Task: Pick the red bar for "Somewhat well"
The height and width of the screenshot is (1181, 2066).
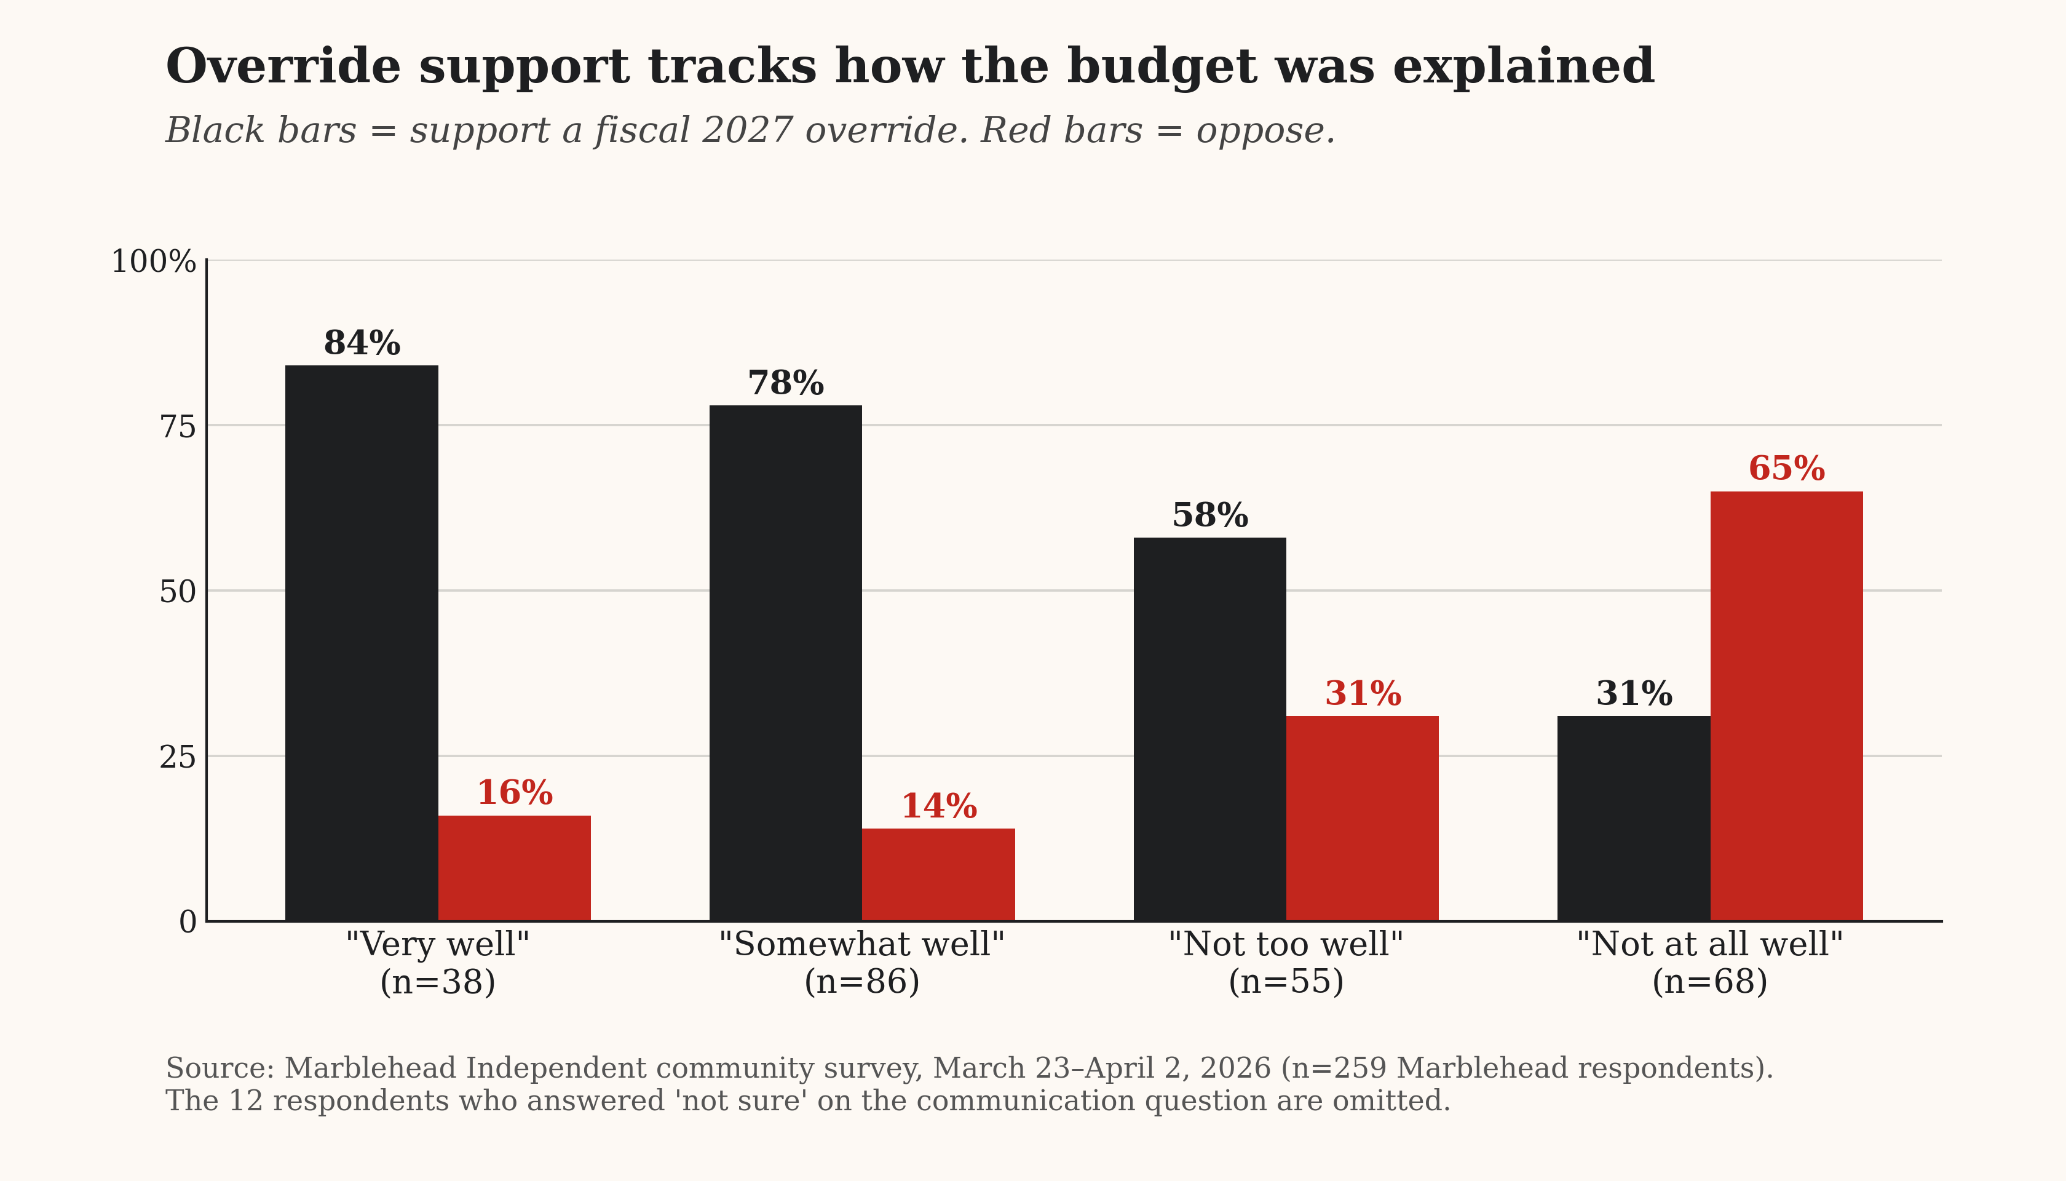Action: (x=938, y=875)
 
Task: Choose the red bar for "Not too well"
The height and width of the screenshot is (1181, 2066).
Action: (x=1362, y=819)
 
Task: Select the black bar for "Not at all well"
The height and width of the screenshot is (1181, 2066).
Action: (x=1633, y=819)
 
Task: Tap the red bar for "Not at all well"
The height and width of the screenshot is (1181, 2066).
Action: (x=1786, y=707)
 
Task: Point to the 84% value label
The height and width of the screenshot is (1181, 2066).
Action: (x=362, y=343)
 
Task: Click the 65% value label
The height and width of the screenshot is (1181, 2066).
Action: (x=1786, y=469)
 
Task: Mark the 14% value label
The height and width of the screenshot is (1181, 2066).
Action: (x=939, y=806)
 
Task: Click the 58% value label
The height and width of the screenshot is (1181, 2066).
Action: (x=1209, y=516)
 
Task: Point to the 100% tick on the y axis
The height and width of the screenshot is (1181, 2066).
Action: (x=153, y=262)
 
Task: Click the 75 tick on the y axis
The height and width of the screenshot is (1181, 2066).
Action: (x=178, y=427)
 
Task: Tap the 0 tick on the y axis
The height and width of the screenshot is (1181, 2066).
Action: (x=188, y=922)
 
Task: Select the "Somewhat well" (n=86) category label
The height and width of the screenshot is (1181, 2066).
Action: (x=862, y=963)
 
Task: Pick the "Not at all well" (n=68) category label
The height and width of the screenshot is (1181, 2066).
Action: (x=1710, y=963)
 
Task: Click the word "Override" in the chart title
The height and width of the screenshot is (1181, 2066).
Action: (x=283, y=66)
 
